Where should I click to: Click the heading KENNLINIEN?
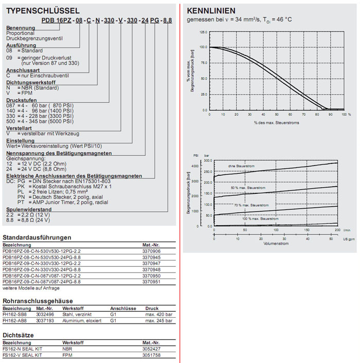pos(211,10)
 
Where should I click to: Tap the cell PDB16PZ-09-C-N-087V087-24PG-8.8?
pos(42,282)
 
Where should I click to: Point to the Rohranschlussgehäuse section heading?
pos(38,300)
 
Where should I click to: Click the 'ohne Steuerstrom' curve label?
pos(242,166)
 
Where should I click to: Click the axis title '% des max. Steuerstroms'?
pos(274,123)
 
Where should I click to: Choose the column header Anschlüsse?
pos(123,308)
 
